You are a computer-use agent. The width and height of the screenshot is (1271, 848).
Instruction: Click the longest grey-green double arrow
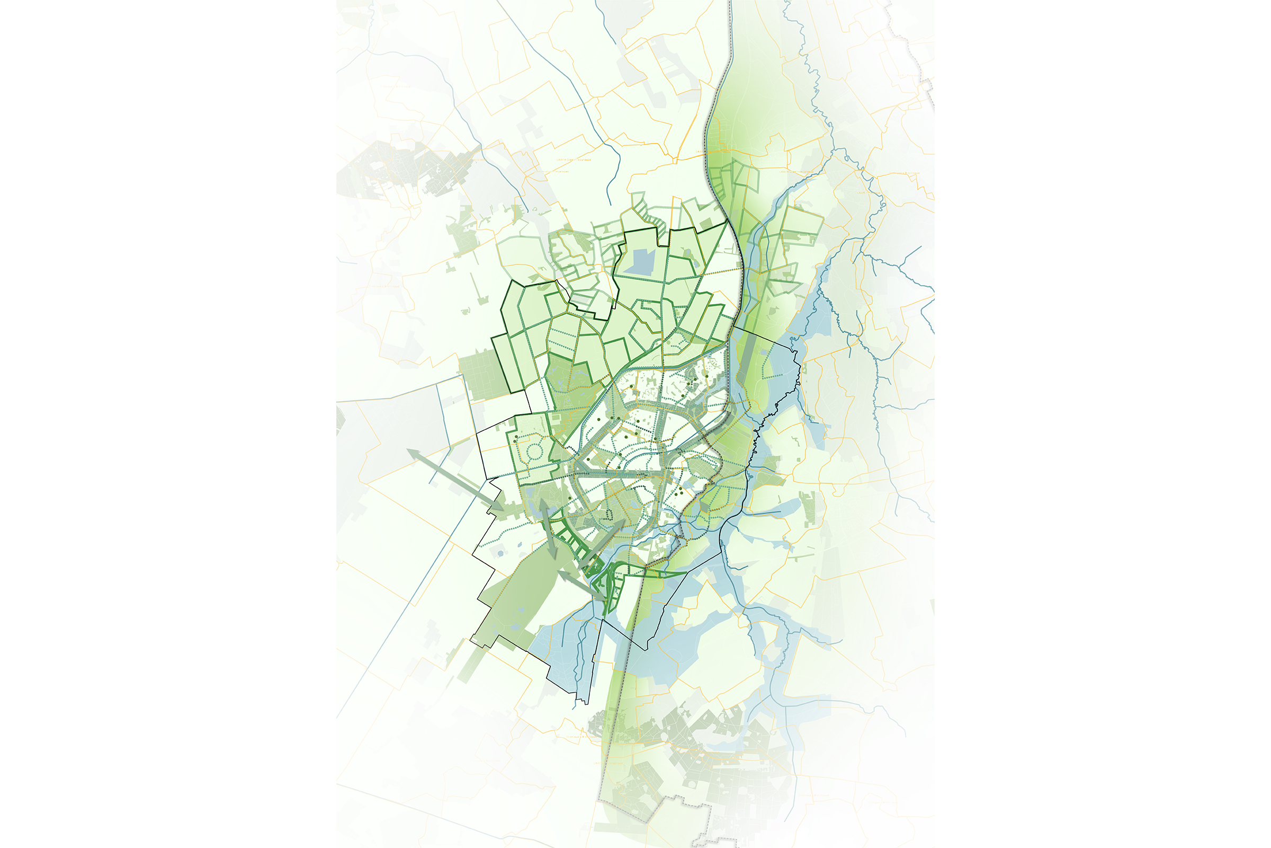click(455, 480)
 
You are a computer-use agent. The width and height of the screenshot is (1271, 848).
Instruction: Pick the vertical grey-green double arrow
click(547, 529)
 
